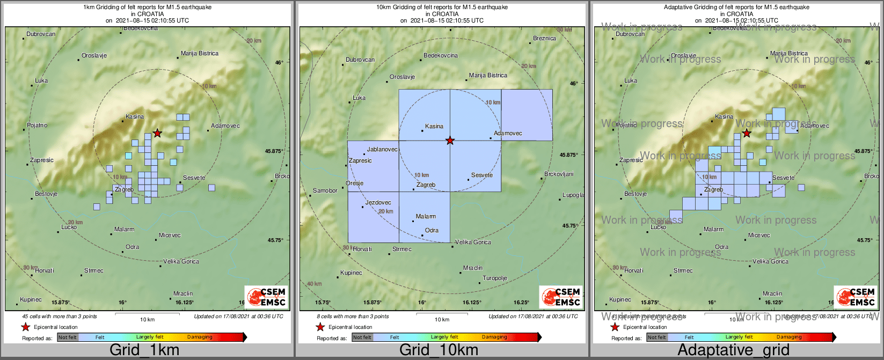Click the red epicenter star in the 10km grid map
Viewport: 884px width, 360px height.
coord(450,141)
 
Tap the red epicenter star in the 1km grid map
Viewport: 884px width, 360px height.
coord(157,133)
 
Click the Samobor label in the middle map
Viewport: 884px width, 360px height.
coord(325,190)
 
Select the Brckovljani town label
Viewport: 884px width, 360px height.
coord(559,174)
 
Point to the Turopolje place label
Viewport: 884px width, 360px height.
coord(495,278)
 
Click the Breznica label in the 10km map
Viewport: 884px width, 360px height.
coord(544,38)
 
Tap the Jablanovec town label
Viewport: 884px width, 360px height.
coord(382,150)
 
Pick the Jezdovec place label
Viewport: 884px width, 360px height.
coord(378,202)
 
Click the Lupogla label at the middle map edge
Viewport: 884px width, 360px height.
coord(573,195)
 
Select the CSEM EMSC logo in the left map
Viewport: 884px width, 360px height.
coord(266,297)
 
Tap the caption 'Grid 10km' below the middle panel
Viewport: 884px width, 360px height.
coord(439,350)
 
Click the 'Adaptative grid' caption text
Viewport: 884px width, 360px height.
coord(733,350)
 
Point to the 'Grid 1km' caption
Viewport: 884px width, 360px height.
coord(144,350)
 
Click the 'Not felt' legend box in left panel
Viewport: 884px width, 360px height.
coord(68,337)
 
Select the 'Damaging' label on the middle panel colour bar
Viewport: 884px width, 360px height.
coord(494,337)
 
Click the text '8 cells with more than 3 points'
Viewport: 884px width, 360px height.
coord(352,317)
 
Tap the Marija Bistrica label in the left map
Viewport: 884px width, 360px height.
coord(200,53)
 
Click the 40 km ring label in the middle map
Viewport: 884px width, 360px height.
coord(314,283)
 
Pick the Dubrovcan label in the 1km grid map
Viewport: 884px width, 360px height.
coord(41,34)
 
